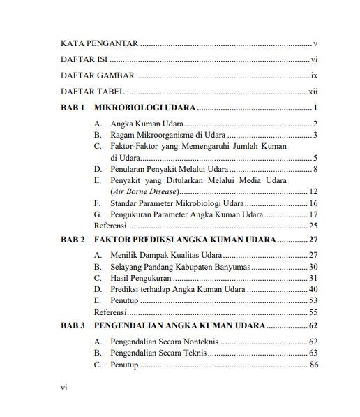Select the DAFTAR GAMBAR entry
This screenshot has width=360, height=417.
click(x=97, y=75)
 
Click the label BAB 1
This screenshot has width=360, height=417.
click(x=73, y=108)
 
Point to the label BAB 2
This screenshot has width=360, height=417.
click(x=73, y=240)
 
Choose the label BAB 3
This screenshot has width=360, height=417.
click(x=73, y=326)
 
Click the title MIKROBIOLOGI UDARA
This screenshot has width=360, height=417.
click(x=144, y=108)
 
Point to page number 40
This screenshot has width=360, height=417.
click(x=313, y=289)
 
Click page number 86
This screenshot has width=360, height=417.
click(x=313, y=365)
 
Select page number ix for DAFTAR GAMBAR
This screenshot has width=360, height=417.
click(x=315, y=75)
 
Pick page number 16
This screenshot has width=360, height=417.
click(x=313, y=203)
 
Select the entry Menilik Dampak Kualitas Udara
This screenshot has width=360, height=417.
click(x=165, y=256)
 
